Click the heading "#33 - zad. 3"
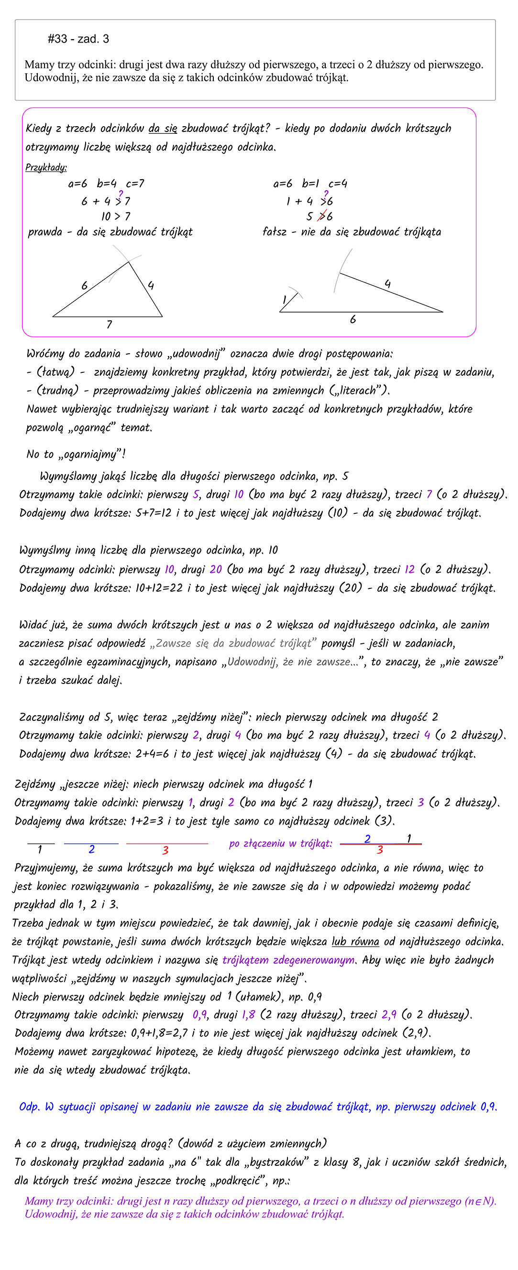pyautogui.click(x=78, y=39)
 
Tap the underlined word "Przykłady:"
pyautogui.click(x=46, y=168)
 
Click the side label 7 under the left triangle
pyautogui.click(x=109, y=325)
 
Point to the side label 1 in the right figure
pyautogui.click(x=284, y=299)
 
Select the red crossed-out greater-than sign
pyautogui.click(x=323, y=216)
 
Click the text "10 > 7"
pyautogui.click(x=115, y=217)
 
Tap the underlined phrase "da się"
pyautogui.click(x=162, y=129)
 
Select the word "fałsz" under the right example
pyautogui.click(x=274, y=232)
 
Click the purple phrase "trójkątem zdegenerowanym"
pyautogui.click(x=288, y=960)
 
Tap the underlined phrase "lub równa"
pyautogui.click(x=355, y=942)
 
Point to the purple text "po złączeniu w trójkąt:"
pyautogui.click(x=280, y=844)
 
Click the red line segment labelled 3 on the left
pyautogui.click(x=167, y=844)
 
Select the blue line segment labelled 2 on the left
pyautogui.click(x=91, y=844)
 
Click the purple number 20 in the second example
pyautogui.click(x=216, y=569)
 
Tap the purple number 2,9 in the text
pyautogui.click(x=389, y=1015)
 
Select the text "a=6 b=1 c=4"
pyautogui.click(x=310, y=184)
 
